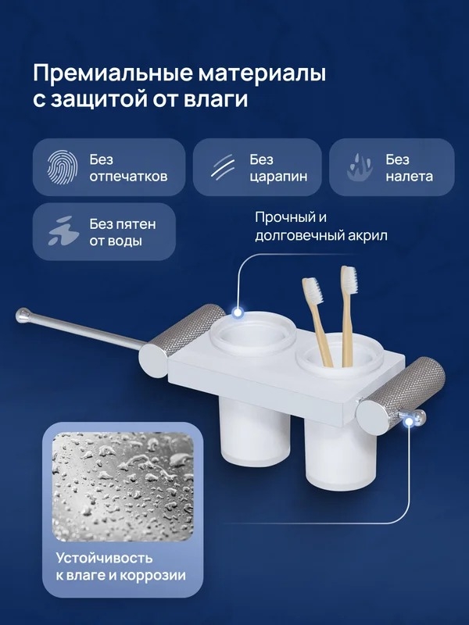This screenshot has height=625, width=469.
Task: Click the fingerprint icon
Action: pos(63,167)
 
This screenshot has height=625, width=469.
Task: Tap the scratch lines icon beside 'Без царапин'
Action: pos(223,168)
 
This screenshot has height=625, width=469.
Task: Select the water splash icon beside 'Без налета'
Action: pos(360,167)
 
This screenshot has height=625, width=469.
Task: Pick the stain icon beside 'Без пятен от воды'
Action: pos(63,230)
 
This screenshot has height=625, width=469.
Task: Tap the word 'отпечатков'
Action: pos(128,177)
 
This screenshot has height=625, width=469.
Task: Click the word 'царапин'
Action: pos(278,177)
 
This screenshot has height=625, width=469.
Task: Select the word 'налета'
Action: pos(409,177)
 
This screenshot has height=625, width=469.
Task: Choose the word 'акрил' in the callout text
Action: pos(367,236)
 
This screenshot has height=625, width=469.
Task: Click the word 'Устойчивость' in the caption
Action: pos(104,558)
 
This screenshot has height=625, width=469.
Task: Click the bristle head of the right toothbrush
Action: pos(349,279)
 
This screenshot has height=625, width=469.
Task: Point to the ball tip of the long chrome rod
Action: pos(23,315)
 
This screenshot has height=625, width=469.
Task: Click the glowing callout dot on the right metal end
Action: pos(409,422)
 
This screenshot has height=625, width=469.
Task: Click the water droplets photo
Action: pos(123,487)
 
